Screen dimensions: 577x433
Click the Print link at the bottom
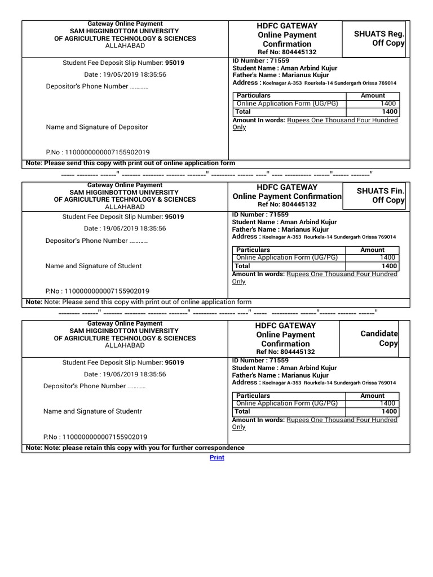tap(216, 458)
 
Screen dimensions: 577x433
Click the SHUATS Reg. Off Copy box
tap(374, 39)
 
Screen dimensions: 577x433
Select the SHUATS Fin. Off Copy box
tap(374, 196)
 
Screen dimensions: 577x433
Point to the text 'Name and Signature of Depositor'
tap(97, 127)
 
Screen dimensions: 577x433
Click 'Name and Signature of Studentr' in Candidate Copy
tap(93, 411)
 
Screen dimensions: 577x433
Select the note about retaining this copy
tap(135, 448)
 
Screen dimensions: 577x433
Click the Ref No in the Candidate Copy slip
tap(286, 352)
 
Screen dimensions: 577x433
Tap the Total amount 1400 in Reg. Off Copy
tap(388, 112)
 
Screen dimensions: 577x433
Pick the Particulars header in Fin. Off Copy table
tap(253, 250)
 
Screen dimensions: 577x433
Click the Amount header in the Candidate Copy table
tap(373, 396)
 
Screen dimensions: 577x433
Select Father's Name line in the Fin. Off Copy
tap(280, 230)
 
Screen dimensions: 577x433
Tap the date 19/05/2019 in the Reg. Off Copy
tap(125, 74)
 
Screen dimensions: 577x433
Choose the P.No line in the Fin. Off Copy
tap(98, 291)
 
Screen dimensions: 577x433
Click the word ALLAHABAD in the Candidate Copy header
tap(125, 346)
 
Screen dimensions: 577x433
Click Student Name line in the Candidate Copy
tap(284, 368)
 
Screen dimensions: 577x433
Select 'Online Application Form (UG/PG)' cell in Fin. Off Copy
tap(287, 258)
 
